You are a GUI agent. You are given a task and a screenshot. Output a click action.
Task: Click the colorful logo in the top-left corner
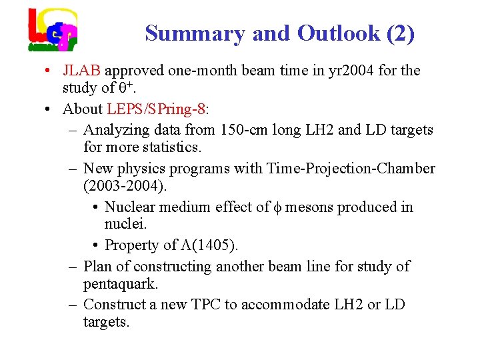coord(53,30)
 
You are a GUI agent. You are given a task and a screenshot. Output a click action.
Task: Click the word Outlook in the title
coord(339,33)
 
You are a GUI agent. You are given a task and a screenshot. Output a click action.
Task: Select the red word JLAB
coord(82,70)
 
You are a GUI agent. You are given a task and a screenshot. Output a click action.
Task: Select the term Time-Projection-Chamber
coord(351,169)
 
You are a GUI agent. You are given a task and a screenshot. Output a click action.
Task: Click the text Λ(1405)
coord(211,245)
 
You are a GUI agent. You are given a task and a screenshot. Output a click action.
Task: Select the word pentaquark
coord(121,285)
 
